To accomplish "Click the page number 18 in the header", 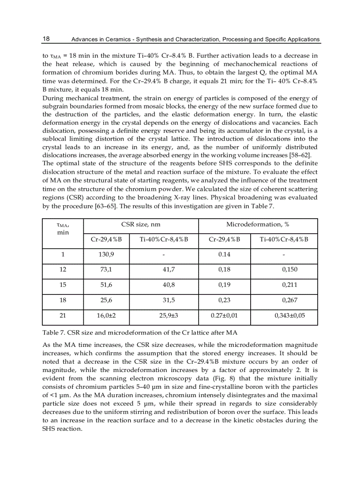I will (x=46, y=39).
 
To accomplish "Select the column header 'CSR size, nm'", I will (x=141, y=225).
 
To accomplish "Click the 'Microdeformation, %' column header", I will (x=258, y=225).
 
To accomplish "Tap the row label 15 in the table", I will (x=63, y=285).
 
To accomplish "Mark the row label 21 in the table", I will (x=63, y=316).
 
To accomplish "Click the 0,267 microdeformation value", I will (x=289, y=300).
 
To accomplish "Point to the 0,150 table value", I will (x=289, y=270).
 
